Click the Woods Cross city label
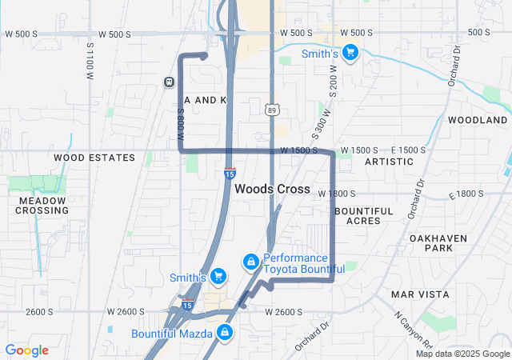[273, 189]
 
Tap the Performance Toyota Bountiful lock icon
[250, 262]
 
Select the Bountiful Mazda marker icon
[226, 332]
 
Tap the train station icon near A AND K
[169, 82]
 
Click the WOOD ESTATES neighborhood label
[94, 158]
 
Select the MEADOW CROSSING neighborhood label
[42, 205]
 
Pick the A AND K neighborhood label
[206, 99]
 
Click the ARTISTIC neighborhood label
[389, 162]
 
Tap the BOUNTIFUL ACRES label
[363, 215]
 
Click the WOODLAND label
[478, 119]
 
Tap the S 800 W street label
[182, 127]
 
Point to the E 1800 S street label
[467, 194]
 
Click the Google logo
[26, 350]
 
